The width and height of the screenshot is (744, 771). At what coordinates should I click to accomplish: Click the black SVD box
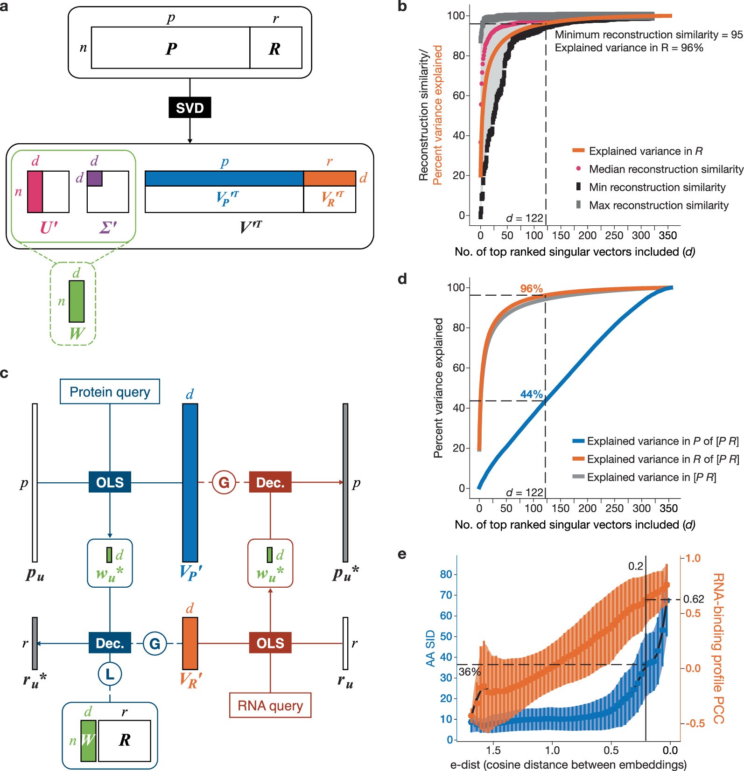click(x=190, y=108)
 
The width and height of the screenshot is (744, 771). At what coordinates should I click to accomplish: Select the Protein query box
click(x=110, y=392)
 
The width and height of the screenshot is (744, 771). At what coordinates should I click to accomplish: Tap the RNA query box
click(x=270, y=705)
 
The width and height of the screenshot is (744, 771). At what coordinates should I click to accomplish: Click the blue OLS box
click(x=110, y=482)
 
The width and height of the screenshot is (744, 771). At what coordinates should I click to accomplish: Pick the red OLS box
click(x=270, y=643)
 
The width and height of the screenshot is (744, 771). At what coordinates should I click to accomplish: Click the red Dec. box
click(x=270, y=482)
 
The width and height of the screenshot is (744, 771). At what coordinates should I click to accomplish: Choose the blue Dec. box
click(x=110, y=643)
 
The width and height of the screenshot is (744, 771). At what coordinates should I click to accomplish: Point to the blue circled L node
click(x=110, y=674)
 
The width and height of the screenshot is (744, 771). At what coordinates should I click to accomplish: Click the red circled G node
click(x=224, y=482)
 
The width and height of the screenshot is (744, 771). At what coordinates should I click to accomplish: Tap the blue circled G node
click(x=155, y=644)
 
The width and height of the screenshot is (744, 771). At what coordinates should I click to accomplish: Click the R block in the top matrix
click(x=275, y=48)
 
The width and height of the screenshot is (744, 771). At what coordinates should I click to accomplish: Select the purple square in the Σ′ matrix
click(x=94, y=178)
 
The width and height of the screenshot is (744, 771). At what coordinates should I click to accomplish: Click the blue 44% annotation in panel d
click(x=532, y=394)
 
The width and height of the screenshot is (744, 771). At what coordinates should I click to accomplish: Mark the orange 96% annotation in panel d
click(x=532, y=289)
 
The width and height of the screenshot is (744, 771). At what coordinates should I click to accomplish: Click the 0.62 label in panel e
click(x=693, y=599)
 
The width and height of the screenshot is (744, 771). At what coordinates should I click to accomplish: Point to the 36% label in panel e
click(x=469, y=672)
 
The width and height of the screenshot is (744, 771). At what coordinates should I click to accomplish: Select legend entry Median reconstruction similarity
click(x=666, y=169)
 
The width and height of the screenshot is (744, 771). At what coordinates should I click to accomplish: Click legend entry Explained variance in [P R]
click(x=651, y=477)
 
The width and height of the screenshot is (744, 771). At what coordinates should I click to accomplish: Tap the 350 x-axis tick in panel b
click(x=668, y=236)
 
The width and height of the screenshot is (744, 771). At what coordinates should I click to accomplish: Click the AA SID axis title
click(x=430, y=648)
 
